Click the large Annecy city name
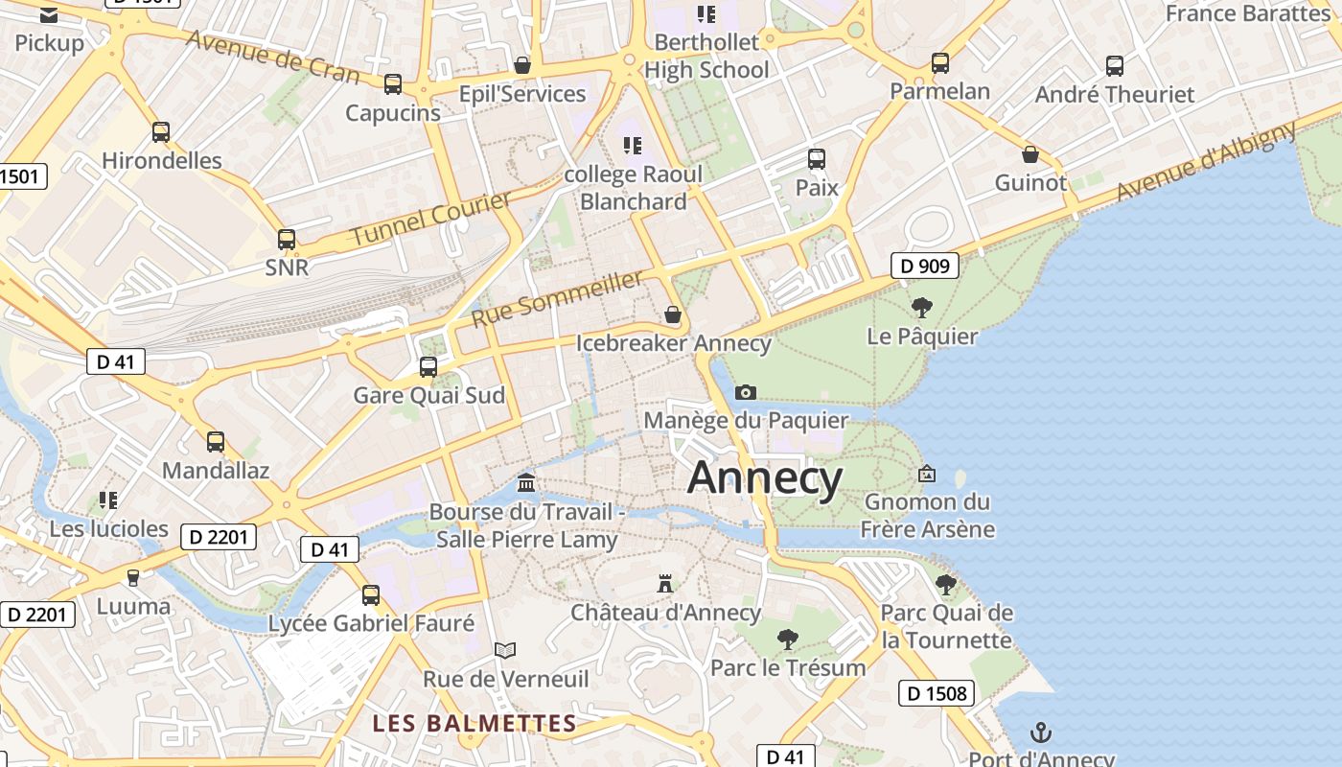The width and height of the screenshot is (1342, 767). pyautogui.click(x=765, y=477)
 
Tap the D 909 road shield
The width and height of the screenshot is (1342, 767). pyautogui.click(x=925, y=266)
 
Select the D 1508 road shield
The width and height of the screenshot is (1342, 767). pyautogui.click(x=937, y=693)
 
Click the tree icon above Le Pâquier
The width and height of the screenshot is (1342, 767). pyautogui.click(x=922, y=308)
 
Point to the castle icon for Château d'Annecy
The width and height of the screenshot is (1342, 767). pyautogui.click(x=664, y=583)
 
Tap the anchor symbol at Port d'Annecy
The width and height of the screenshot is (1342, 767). pyautogui.click(x=1040, y=733)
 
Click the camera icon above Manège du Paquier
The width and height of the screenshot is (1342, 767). pyautogui.click(x=745, y=392)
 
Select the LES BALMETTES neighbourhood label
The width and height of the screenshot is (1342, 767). pyautogui.click(x=474, y=723)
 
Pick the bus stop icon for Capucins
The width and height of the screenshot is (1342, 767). pyautogui.click(x=393, y=84)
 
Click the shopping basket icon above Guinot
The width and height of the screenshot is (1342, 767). pyautogui.click(x=1030, y=154)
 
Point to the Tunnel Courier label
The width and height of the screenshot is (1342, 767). pyautogui.click(x=430, y=220)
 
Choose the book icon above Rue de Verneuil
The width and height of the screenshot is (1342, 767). pyautogui.click(x=505, y=650)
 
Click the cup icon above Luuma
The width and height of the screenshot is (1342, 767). pyautogui.click(x=133, y=577)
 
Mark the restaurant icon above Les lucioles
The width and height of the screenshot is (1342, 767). pyautogui.click(x=108, y=500)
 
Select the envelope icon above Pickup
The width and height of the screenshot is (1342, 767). pyautogui.click(x=49, y=14)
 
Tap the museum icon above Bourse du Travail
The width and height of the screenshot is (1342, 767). pyautogui.click(x=526, y=482)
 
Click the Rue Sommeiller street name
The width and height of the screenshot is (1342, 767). pyautogui.click(x=557, y=298)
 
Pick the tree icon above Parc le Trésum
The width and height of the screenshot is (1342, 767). pyautogui.click(x=787, y=639)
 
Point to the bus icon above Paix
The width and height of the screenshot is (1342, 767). pyautogui.click(x=817, y=159)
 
